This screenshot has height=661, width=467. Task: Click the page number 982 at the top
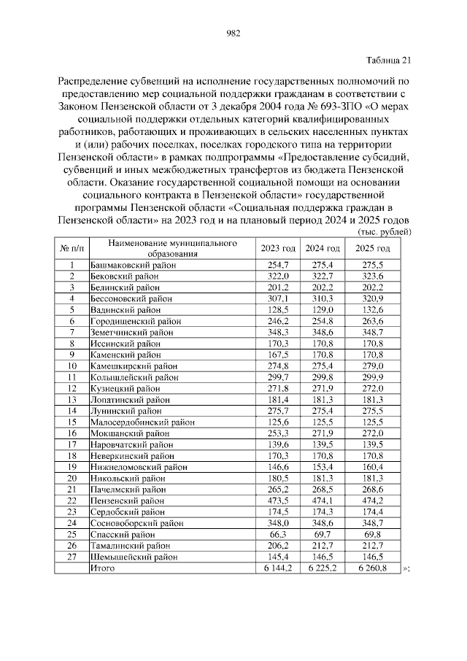click(233, 33)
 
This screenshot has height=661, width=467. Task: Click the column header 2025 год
click(372, 248)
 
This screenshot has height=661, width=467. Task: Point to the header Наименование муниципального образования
click(172, 247)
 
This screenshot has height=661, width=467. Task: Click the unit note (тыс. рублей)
click(384, 232)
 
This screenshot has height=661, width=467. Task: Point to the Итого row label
click(102, 568)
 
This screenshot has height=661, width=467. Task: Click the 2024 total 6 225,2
click(322, 568)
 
